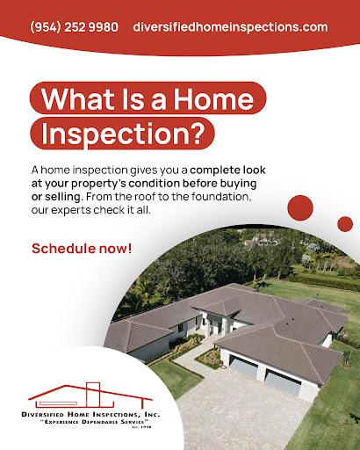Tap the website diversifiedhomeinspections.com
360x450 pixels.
pos(231,27)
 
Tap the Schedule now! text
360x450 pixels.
pos(83,247)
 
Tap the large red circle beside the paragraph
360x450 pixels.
pos(300,209)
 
